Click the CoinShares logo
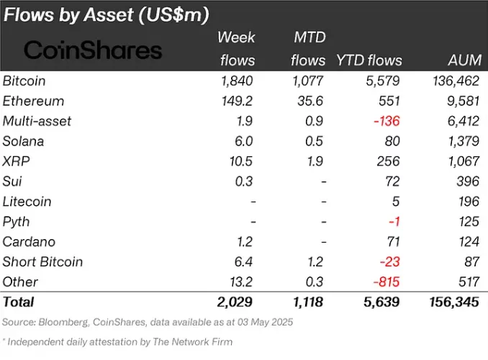tap(94, 50)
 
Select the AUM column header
tap(461, 60)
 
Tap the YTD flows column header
tap(369, 60)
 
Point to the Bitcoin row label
tap(24, 81)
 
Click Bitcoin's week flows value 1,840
tap(237, 81)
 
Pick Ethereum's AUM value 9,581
tap(461, 101)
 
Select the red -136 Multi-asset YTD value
tap(386, 121)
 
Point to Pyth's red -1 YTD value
tap(394, 222)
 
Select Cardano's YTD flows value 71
tap(393, 242)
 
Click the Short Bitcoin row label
tap(42, 262)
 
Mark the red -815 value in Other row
tap(386, 282)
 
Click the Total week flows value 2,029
tap(236, 302)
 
